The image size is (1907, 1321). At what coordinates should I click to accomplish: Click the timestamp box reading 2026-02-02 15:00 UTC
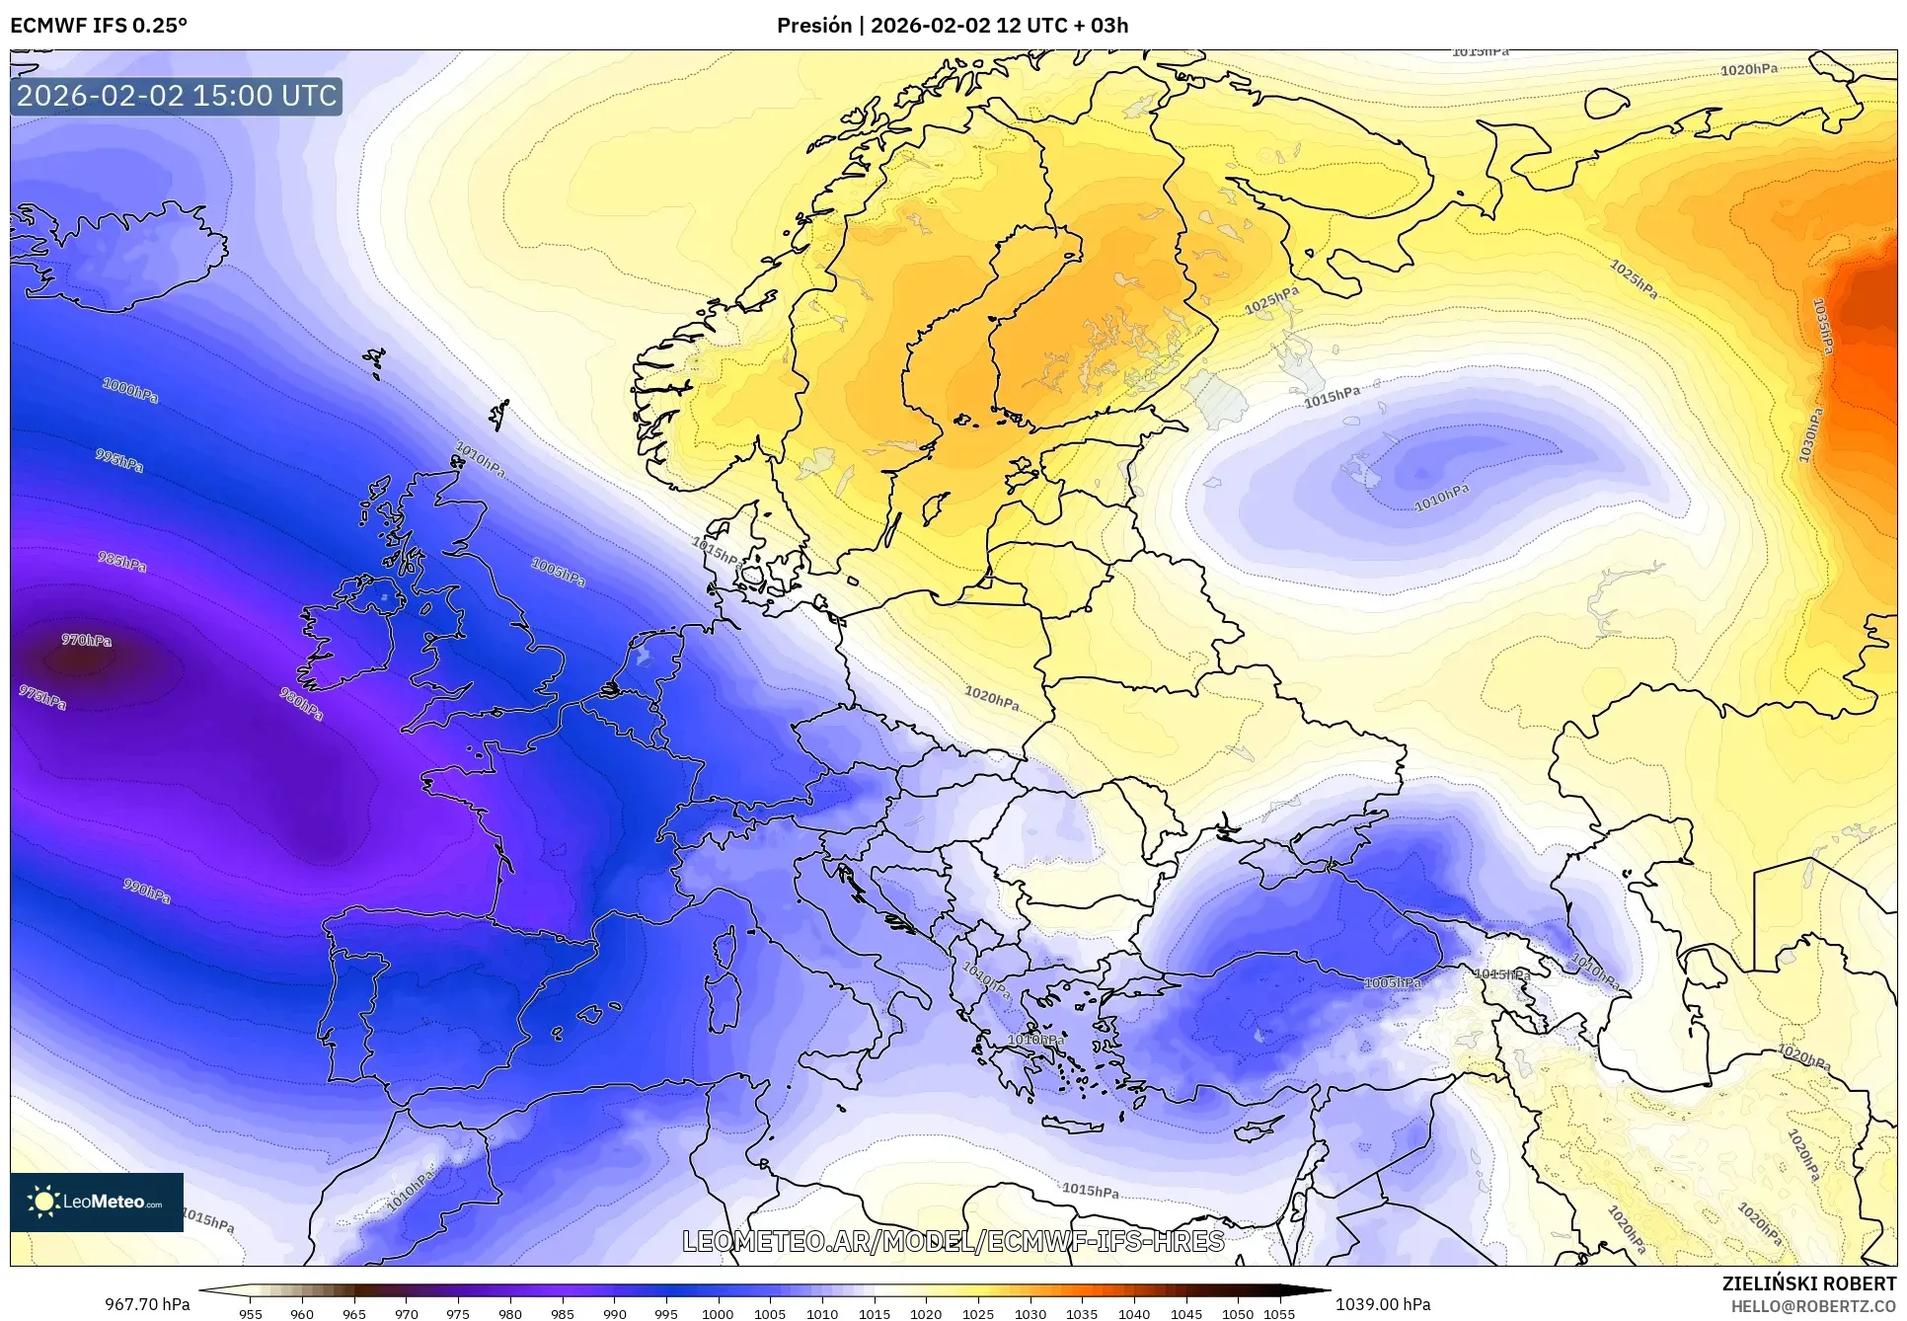click(x=177, y=96)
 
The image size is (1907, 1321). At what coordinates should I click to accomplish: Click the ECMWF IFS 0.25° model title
click(x=99, y=26)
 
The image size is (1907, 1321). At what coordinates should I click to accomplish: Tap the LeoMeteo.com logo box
click(x=97, y=1202)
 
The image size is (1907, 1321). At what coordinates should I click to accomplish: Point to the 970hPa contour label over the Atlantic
click(x=87, y=641)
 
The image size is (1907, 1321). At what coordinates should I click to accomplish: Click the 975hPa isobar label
click(x=42, y=698)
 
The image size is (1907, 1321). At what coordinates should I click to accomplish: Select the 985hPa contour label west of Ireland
click(x=122, y=562)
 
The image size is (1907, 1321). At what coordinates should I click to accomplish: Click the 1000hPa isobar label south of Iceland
click(x=130, y=390)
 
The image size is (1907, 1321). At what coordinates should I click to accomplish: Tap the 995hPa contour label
click(x=119, y=460)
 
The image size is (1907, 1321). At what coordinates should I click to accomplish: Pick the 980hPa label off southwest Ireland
click(x=301, y=704)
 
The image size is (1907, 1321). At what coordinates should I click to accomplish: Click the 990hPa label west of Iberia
click(x=147, y=891)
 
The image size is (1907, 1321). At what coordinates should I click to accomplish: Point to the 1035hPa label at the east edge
click(x=1822, y=326)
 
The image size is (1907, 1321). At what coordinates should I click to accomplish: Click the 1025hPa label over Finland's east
click(x=1271, y=301)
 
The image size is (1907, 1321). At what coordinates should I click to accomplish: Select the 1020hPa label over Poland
click(x=992, y=699)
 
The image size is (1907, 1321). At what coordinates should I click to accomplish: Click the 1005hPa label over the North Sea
click(x=559, y=572)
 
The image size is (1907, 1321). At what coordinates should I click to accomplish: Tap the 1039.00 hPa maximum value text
click(x=1382, y=1304)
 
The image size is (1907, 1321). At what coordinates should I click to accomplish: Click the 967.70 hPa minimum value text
click(x=148, y=1304)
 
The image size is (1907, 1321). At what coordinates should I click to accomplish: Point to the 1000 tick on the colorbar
click(x=718, y=1314)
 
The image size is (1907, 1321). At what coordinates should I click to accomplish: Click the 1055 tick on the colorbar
click(x=1279, y=1314)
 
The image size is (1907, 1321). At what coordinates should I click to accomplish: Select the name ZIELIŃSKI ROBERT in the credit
click(x=1809, y=1284)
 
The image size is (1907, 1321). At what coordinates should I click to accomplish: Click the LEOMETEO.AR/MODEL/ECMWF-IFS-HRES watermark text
click(x=953, y=1241)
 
